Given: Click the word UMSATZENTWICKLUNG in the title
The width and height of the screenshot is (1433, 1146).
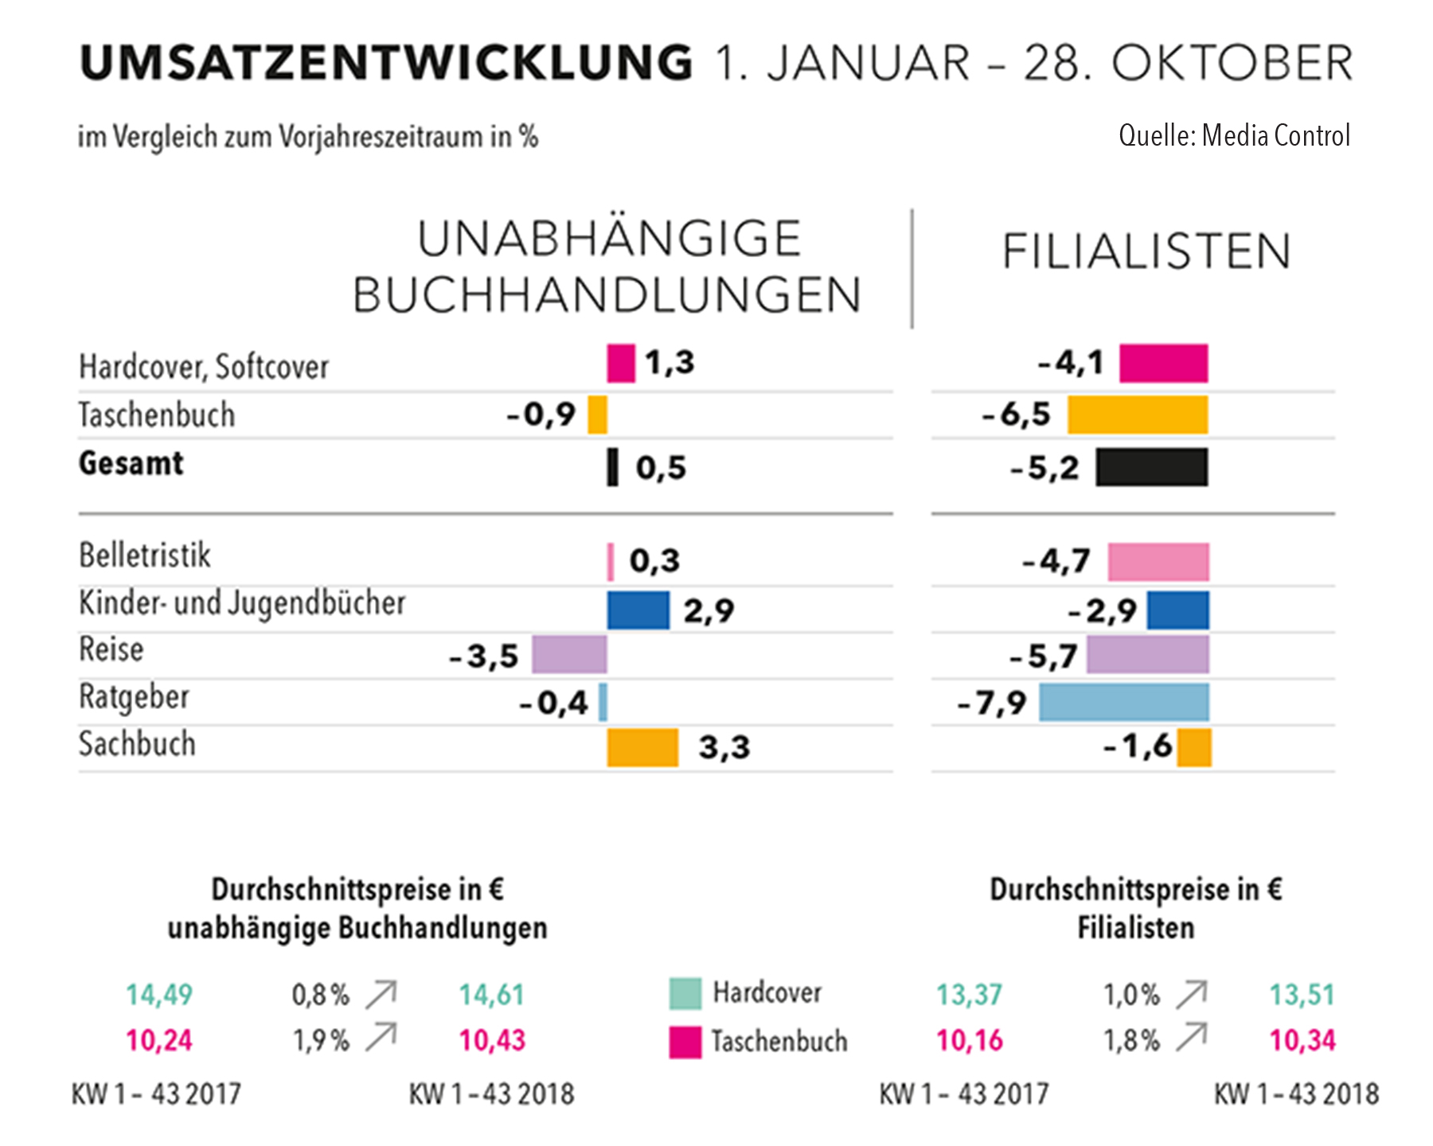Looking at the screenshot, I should click(x=387, y=64).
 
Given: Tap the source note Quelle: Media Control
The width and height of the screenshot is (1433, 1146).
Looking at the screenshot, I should click(x=1234, y=136).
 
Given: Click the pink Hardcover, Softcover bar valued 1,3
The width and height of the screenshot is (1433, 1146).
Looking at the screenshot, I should click(x=621, y=363).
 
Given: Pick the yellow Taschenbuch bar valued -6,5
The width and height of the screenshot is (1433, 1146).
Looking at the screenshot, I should click(x=1138, y=415).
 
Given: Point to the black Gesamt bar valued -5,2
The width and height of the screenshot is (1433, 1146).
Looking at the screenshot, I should click(x=1151, y=467).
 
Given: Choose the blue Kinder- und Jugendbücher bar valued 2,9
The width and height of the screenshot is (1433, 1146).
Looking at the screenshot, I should click(x=638, y=610).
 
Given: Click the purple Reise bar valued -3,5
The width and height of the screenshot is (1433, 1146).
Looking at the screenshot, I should click(x=569, y=655).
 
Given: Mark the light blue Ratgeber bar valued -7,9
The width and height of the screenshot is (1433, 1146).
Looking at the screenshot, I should click(x=1123, y=703).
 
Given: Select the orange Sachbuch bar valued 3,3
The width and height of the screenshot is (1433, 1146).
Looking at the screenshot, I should click(x=642, y=747).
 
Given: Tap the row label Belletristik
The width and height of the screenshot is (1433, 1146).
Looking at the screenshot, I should click(x=145, y=555).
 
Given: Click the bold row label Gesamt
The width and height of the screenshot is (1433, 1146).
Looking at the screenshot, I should click(x=131, y=463).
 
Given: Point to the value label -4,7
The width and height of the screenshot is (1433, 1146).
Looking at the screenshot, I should click(x=1056, y=561).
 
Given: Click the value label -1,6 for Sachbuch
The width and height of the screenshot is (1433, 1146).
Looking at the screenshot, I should click(x=1138, y=746).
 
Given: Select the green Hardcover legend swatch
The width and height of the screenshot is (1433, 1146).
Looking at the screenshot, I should click(x=685, y=993).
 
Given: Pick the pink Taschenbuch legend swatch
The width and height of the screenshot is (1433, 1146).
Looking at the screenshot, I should click(x=685, y=1042).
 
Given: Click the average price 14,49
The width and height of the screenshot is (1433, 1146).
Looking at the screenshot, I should click(x=159, y=994).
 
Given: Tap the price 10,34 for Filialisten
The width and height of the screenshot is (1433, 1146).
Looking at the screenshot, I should click(x=1302, y=1040).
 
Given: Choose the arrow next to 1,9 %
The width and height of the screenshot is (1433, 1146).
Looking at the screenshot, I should click(x=381, y=1037).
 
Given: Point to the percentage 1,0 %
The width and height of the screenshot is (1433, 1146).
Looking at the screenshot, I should click(x=1131, y=994).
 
